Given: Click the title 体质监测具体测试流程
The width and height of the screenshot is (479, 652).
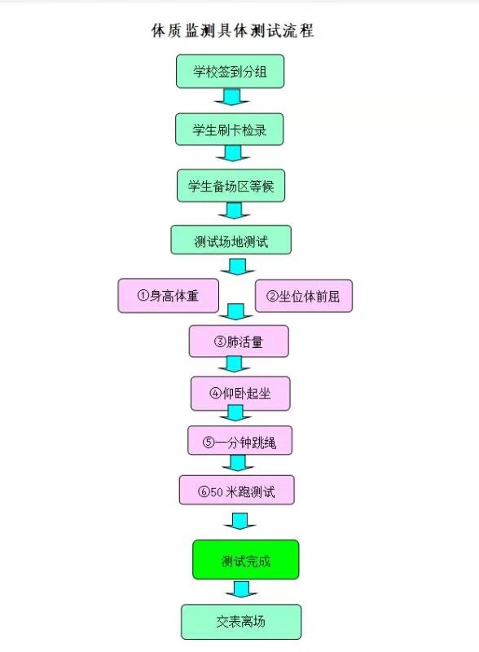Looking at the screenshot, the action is (232, 31).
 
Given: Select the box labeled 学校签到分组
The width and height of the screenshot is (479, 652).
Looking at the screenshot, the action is (230, 71).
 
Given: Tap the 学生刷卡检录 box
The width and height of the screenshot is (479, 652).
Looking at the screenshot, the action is (230, 130).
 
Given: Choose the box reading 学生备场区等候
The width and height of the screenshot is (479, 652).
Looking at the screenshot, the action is (231, 186).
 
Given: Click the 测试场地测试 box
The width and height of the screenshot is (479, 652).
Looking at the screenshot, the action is (231, 240).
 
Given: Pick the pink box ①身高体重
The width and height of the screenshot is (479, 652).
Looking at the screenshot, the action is (169, 296).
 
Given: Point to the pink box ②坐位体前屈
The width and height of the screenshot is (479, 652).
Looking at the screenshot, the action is (304, 296).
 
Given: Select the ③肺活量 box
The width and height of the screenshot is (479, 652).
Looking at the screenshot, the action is (239, 341).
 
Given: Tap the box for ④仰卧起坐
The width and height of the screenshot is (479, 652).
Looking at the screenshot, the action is (240, 394).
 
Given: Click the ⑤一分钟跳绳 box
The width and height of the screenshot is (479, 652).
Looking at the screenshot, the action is (240, 441).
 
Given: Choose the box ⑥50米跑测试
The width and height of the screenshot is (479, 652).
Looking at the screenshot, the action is (237, 491).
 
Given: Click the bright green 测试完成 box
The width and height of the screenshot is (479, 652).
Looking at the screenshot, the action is (246, 560).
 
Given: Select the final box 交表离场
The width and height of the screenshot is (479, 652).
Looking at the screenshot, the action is (241, 622).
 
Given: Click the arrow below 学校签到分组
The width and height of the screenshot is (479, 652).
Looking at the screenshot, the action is (232, 97).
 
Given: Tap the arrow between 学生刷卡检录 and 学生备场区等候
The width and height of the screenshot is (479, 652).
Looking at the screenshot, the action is (233, 153).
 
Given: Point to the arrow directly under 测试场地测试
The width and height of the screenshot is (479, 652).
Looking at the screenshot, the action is (238, 267).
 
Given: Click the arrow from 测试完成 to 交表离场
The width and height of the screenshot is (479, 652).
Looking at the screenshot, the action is (242, 589).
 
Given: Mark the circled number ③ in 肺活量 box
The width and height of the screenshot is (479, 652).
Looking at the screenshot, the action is (220, 341).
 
